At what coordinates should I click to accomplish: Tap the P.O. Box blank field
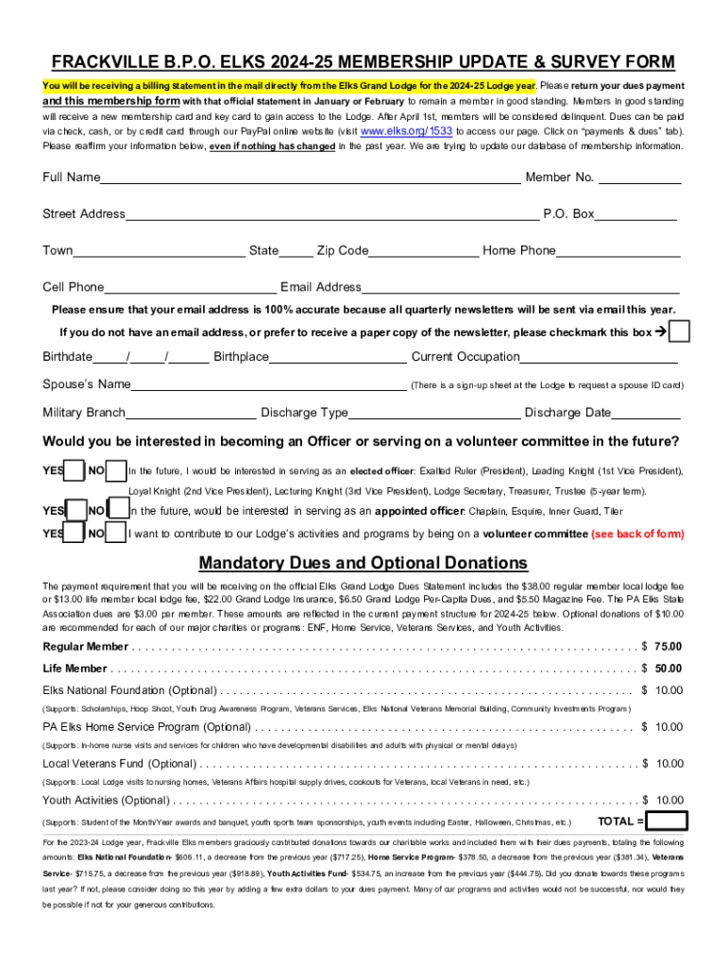[635, 214]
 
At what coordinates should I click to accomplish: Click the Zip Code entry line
[423, 251]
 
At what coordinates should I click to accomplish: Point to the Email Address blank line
[520, 288]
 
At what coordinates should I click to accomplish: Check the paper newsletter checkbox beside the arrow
[679, 332]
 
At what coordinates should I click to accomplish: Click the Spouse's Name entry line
[268, 385]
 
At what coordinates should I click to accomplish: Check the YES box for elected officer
[74, 471]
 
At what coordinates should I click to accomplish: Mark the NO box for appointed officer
[118, 511]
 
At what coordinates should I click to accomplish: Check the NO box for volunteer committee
[116, 534]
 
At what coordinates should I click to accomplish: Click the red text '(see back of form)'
[637, 534]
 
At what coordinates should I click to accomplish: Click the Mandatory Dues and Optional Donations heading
[363, 564]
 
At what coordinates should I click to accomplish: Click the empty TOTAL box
[668, 821]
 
